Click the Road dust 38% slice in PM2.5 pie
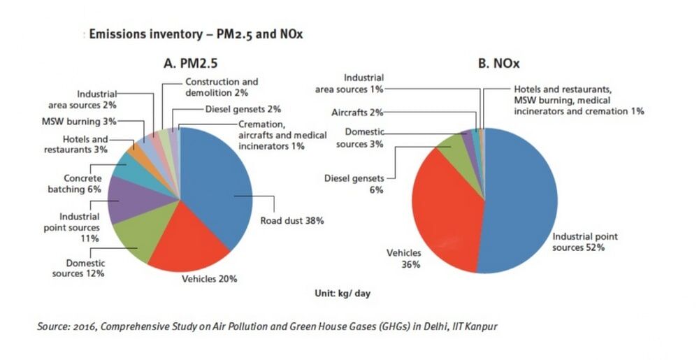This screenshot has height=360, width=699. point(217,189)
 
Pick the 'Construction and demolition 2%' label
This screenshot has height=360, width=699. point(212,87)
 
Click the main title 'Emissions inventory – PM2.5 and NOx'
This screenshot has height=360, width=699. point(195,34)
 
